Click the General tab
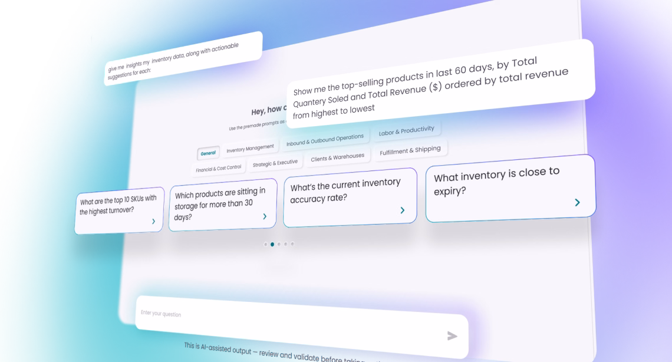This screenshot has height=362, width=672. point(208,153)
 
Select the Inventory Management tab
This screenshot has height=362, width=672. point(250,148)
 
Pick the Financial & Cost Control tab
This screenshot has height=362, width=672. point(219,168)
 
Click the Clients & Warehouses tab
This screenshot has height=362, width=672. point(337,157)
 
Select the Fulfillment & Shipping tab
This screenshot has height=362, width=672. point(410,151)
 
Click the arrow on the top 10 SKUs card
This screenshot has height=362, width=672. point(153,222)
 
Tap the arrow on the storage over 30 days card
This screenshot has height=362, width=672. point(265,217)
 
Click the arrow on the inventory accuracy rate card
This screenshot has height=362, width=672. point(403,210)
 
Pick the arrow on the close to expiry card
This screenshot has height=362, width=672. point(577,203)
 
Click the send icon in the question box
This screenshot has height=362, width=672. point(452,336)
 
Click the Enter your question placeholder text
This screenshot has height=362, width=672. point(161,313)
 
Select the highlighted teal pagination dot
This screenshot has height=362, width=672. point(272,244)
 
